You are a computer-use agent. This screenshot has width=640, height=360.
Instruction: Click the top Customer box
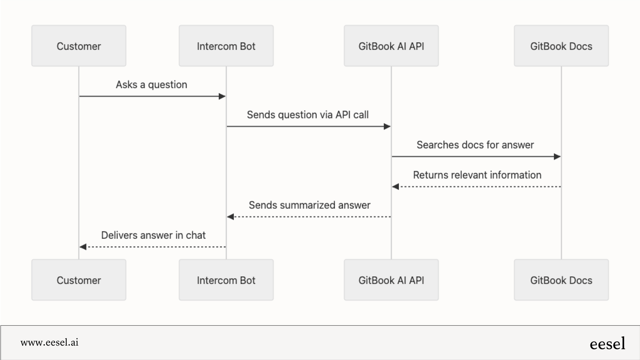click(x=78, y=46)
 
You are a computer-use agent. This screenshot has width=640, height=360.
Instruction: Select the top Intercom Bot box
click(x=226, y=46)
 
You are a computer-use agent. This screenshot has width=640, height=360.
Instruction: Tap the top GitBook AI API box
click(x=391, y=46)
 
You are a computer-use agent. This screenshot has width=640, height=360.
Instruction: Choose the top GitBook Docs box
click(x=561, y=46)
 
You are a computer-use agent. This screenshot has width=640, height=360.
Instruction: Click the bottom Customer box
click(x=78, y=280)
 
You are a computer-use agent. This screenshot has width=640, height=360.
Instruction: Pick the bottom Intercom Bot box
click(x=226, y=280)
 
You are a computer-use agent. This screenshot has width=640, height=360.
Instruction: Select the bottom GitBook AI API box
click(x=391, y=280)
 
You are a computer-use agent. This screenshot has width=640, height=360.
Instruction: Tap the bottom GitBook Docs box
click(x=561, y=280)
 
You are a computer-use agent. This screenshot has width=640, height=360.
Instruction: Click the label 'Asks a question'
click(x=151, y=85)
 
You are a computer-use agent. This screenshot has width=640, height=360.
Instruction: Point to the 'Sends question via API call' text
click(x=307, y=115)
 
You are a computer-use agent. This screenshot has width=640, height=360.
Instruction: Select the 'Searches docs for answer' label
click(x=475, y=145)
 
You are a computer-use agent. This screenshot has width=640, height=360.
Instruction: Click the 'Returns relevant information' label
click(x=477, y=175)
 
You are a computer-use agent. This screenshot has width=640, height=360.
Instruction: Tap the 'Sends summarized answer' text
click(x=309, y=205)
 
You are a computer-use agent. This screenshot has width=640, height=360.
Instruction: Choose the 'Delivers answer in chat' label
click(x=153, y=235)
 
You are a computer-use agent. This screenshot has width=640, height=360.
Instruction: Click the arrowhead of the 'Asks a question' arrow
click(x=222, y=96)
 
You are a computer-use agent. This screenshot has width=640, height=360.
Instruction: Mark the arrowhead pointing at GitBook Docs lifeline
click(x=557, y=157)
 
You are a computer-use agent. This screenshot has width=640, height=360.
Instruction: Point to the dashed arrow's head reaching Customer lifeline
click(x=83, y=247)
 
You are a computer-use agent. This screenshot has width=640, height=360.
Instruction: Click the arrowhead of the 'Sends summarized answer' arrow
click(x=230, y=217)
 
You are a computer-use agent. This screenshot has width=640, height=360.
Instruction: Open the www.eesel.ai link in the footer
click(x=50, y=342)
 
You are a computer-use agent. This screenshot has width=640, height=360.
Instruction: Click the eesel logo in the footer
click(x=607, y=344)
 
